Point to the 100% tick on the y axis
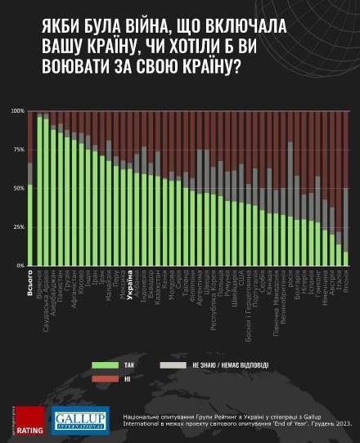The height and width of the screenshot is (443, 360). [x=18, y=111]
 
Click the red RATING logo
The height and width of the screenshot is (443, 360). [x=30, y=419]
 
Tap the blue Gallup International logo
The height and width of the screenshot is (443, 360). [x=81, y=419]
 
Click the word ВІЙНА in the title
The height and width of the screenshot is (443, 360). [x=137, y=26]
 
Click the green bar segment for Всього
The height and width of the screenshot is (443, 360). [x=30, y=225]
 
